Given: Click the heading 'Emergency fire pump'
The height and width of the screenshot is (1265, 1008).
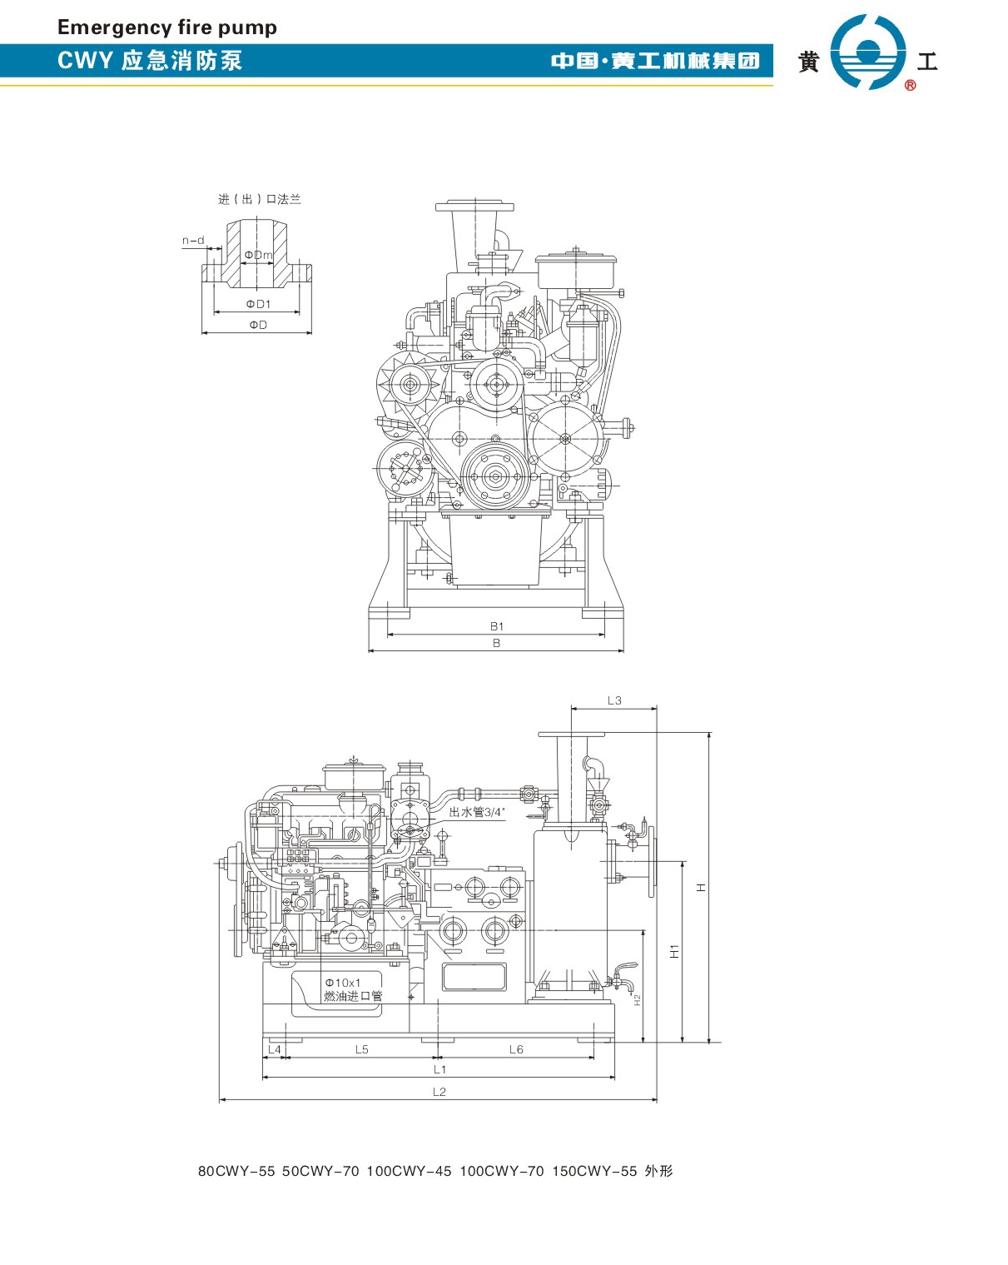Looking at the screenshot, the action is (167, 27).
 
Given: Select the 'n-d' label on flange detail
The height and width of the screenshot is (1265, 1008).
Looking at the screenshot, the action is (193, 240).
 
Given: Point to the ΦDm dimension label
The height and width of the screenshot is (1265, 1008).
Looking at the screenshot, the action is (259, 255).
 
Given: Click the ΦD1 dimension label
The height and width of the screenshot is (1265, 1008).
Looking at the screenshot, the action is (258, 304).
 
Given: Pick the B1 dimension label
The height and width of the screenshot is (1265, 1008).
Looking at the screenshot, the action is (497, 626).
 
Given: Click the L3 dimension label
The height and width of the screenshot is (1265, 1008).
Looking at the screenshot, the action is (614, 700).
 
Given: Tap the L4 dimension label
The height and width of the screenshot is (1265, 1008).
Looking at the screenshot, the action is (275, 1049).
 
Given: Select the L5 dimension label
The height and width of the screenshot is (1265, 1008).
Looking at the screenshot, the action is (361, 1049).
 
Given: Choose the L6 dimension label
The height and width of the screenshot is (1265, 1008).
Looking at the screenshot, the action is (516, 1049).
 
